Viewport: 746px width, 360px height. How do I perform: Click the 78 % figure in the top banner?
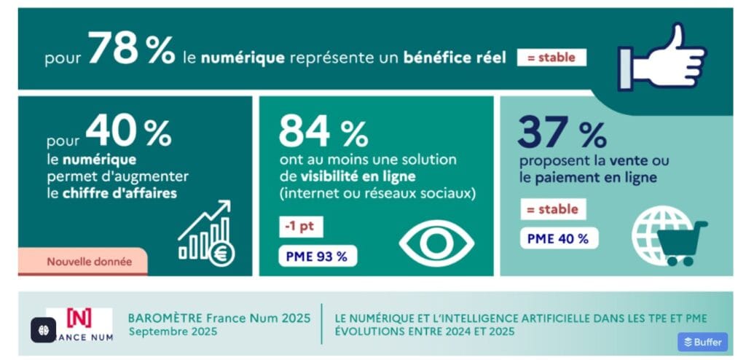pos(131,50)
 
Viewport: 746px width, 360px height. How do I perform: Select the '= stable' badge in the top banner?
pos(551,58)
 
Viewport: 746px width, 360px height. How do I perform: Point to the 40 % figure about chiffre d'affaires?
pos(127,132)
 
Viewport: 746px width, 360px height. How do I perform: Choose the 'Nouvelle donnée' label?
pos(89,262)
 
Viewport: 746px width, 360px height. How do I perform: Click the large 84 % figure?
pos(323,132)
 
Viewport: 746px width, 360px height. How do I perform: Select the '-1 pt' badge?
pos(301,227)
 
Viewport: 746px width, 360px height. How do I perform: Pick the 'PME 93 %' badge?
pos(318,256)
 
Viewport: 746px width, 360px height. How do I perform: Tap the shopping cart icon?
pos(681,243)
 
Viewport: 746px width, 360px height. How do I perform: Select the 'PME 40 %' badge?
pos(559,238)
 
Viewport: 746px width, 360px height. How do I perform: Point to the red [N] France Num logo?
pos(79,318)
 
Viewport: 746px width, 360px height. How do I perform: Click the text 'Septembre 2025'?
pos(172,332)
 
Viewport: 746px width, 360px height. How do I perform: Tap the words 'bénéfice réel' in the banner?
pos(454,58)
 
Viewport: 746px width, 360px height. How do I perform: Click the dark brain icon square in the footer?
pos(44,330)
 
